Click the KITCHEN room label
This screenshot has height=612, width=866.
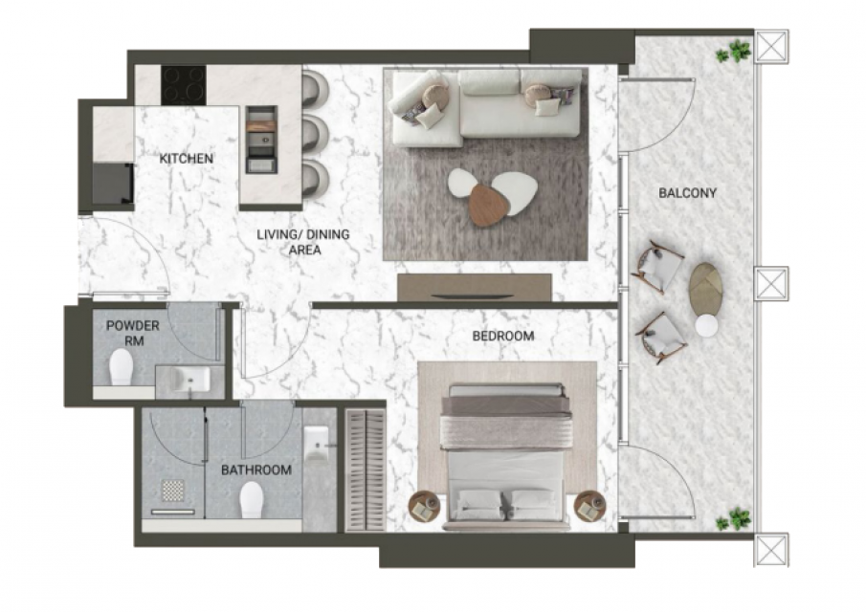click(x=187, y=159)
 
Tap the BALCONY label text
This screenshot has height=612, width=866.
click(x=688, y=193)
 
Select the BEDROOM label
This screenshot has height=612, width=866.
click(x=503, y=336)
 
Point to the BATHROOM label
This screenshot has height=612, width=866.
click(x=256, y=470)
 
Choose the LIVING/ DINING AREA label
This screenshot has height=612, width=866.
click(x=303, y=242)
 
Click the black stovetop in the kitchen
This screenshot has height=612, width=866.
click(x=184, y=85)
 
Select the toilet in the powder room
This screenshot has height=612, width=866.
click(x=122, y=368)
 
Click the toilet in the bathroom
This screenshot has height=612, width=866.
click(x=252, y=500)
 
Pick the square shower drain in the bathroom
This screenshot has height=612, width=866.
click(x=172, y=490)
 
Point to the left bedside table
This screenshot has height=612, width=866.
click(x=424, y=507)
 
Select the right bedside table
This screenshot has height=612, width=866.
click(x=590, y=507)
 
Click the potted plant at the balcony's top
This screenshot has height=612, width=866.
click(x=734, y=52)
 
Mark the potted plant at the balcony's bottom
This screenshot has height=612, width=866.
click(x=734, y=519)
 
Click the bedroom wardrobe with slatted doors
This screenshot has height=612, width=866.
click(x=366, y=470)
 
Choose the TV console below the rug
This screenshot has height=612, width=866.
click(x=475, y=288)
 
